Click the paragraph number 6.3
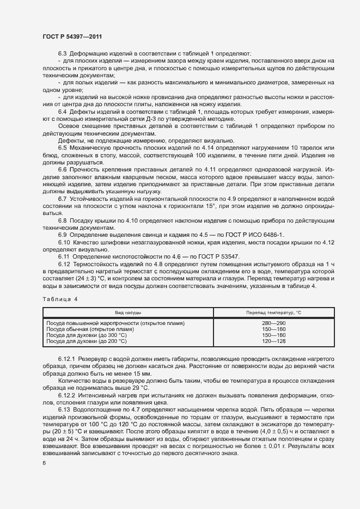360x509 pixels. point(62,53)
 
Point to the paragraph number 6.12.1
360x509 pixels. point(67,360)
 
